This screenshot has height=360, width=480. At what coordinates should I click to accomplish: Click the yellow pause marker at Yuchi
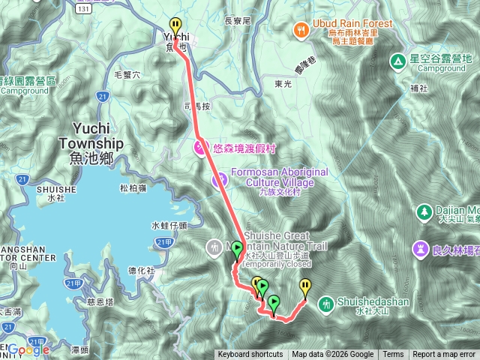pos(175,25)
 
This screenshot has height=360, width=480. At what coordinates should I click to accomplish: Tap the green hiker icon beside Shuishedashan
pos(326,304)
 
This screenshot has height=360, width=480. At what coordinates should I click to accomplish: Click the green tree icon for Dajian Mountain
pos(424,213)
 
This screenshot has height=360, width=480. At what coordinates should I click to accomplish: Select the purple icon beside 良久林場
pos(418,248)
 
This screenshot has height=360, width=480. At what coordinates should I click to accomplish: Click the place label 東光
pos(283,85)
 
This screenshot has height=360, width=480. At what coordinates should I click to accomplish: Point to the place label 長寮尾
pos(237,22)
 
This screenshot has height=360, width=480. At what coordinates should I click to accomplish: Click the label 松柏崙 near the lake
pos(133,188)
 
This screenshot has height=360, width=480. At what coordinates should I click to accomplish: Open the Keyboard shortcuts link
pos(250,355)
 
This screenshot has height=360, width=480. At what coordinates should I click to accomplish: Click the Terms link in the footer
pos(393,355)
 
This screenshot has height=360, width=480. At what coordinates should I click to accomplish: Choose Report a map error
pos(444,355)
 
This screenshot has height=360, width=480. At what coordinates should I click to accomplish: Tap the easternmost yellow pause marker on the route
pos(305,286)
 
